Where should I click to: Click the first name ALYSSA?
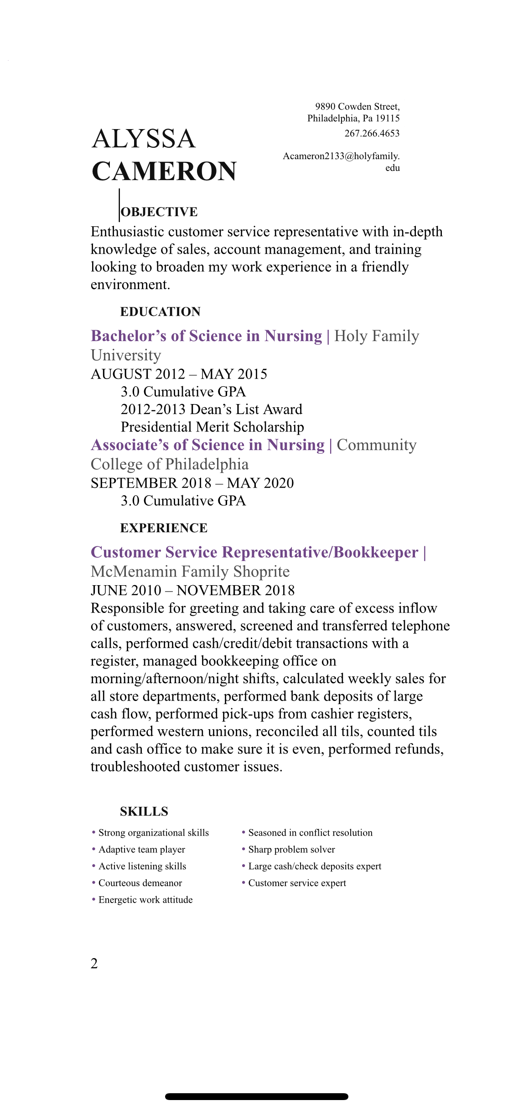(144, 139)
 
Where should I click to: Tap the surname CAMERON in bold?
(164, 171)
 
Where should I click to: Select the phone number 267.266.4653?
(372, 133)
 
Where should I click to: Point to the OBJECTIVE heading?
(159, 212)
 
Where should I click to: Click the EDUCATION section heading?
(160, 311)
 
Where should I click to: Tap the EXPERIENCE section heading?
(164, 528)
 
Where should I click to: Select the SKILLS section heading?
(144, 811)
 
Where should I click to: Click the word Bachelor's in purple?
(129, 336)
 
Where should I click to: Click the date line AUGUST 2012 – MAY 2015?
(179, 374)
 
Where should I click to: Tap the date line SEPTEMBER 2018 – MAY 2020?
(192, 483)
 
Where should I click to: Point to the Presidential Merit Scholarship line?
(212, 427)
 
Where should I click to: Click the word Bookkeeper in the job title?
(376, 552)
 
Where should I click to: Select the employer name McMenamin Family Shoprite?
(190, 571)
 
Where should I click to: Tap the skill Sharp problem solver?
(291, 849)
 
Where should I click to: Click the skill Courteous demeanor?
(140, 883)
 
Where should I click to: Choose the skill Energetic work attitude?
(145, 900)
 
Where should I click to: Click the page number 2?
(94, 964)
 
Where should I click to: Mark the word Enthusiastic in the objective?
(127, 232)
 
